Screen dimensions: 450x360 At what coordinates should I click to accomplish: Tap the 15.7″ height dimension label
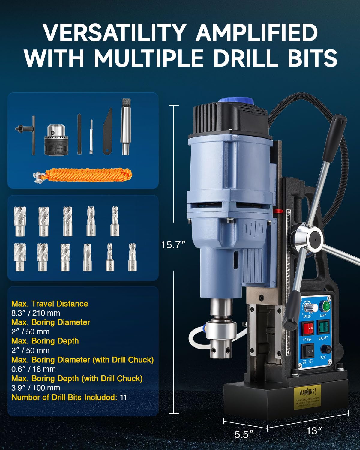click(174, 245)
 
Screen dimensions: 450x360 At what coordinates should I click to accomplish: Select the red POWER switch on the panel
click(308, 329)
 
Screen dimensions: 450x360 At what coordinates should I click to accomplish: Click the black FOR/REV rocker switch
click(308, 351)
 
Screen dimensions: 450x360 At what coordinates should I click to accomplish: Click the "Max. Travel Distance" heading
click(50, 304)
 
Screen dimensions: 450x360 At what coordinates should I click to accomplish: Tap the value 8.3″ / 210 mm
click(36, 313)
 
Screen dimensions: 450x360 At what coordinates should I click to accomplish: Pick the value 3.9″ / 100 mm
click(36, 388)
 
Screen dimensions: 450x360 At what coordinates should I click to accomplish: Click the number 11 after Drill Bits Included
click(123, 397)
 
